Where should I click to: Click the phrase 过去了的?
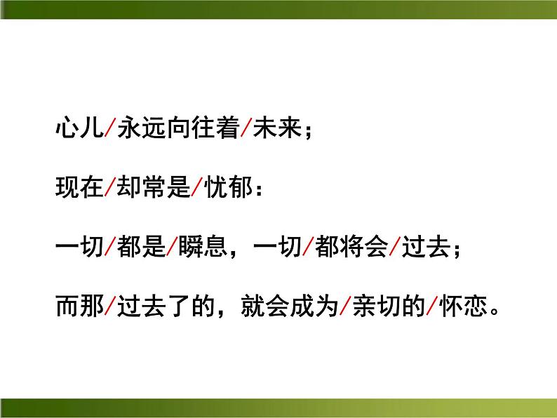pos(163,305)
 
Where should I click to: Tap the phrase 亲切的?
pos(388,305)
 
